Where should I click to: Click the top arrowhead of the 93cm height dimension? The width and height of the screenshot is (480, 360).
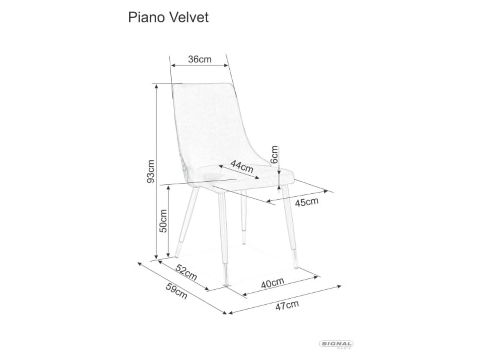tap(156, 86)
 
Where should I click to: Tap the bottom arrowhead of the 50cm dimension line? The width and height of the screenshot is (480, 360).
tap(168, 255)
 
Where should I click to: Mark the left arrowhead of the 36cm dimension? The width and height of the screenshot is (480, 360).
tap(173, 65)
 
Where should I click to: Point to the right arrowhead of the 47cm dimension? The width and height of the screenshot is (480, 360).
tap(339, 286)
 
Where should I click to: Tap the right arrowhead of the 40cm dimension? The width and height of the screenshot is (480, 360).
tap(316, 277)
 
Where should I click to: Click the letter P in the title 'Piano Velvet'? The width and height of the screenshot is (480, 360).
tap(132, 18)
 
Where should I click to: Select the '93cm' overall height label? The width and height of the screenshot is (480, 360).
tap(151, 172)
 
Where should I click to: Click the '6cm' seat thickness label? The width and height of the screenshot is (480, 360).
tap(274, 154)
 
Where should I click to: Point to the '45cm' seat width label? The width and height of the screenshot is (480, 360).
tap(306, 202)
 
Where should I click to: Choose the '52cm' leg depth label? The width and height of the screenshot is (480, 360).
tap(186, 272)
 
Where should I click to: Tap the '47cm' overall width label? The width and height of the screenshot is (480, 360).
tap(287, 306)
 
